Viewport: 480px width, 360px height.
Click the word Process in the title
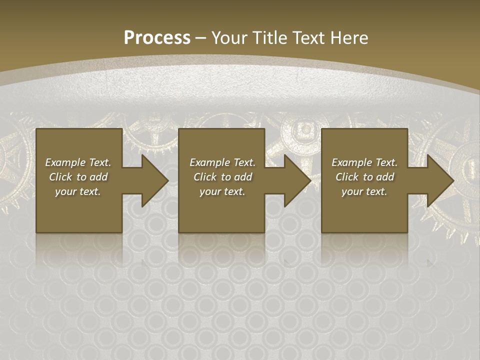[x=157, y=37]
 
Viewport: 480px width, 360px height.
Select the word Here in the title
[x=349, y=37]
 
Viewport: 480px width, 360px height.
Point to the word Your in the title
[x=230, y=37]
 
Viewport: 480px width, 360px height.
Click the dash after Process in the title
[x=201, y=38]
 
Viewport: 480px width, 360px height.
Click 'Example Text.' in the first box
[x=78, y=162]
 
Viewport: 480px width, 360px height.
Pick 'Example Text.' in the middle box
[x=222, y=162]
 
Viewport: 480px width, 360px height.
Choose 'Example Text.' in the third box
[x=364, y=162]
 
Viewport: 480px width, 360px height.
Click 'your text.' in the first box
[x=78, y=191]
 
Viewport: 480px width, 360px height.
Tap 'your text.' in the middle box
[x=222, y=191]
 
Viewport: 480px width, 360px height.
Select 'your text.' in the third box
[x=364, y=191]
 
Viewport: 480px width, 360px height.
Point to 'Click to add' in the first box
[x=78, y=177]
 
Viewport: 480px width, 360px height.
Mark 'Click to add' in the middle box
[x=222, y=177]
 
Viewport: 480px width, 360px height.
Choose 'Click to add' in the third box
[x=364, y=177]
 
